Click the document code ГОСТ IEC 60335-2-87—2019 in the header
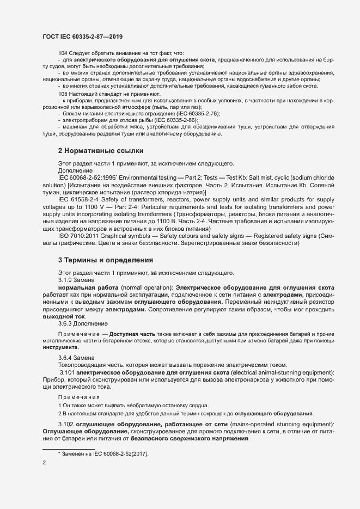(x=82, y=36)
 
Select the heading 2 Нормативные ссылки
(x=101, y=150)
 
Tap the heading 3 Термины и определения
(x=105, y=260)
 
